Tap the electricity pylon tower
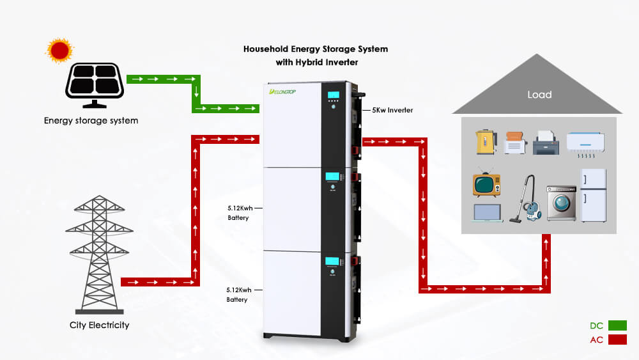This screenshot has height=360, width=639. pos(99,252)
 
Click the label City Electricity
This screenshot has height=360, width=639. pos(99,325)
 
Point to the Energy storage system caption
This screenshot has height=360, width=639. pos(91,120)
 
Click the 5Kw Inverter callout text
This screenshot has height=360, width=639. pos(392,110)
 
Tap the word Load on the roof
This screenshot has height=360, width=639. pos(539,95)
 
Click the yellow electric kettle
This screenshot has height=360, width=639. pos(486,141)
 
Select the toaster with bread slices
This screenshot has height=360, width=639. pos(514,143)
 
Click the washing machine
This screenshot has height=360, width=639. pos(561,203)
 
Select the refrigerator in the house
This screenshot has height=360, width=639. pos(593,196)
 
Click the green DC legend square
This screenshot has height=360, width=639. pos(617,325)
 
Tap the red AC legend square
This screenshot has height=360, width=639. pos(617,340)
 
